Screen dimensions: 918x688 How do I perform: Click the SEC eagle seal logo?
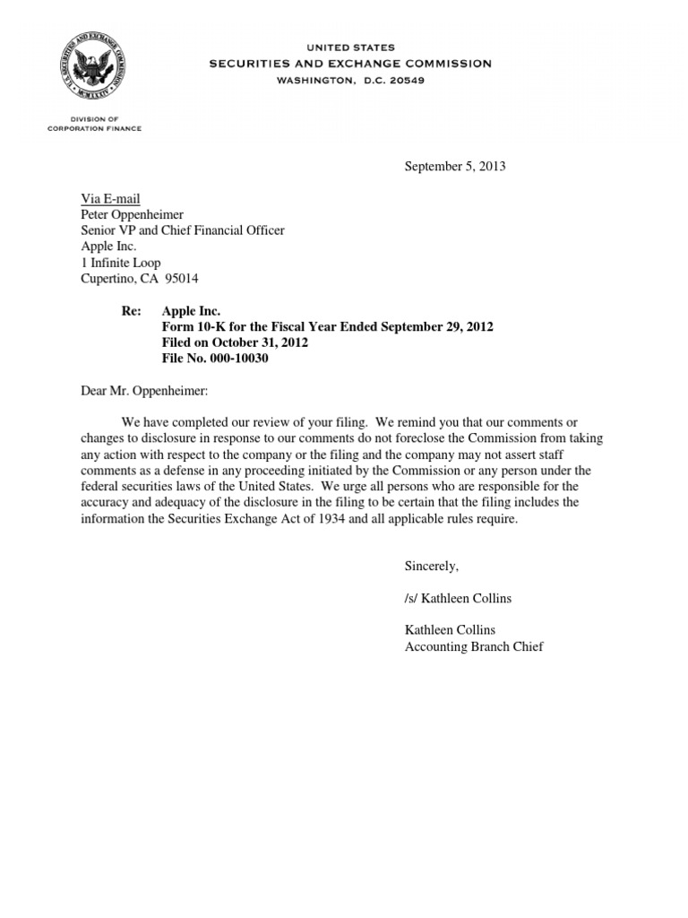click(92, 69)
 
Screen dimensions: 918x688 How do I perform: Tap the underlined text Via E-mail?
click(106, 198)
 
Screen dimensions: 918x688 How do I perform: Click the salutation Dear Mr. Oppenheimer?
click(140, 391)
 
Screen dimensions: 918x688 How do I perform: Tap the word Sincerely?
click(431, 566)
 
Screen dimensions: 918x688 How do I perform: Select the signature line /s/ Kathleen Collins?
click(458, 598)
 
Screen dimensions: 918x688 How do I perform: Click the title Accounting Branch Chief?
click(474, 646)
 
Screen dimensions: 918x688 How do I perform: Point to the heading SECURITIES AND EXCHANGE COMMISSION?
click(350, 64)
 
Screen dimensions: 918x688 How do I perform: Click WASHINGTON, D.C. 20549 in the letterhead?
click(350, 80)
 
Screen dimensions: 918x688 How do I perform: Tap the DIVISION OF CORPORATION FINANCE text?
click(94, 124)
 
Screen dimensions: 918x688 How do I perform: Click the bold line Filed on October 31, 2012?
click(236, 343)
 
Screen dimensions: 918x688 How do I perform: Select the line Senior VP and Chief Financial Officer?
click(179, 230)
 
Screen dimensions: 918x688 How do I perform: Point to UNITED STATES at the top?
click(350, 48)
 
